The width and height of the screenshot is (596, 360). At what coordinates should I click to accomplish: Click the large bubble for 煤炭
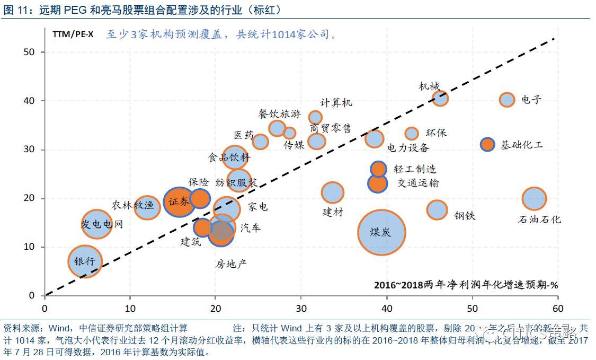[x=381, y=232]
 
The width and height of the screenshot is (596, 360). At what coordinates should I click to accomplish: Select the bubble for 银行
[x=84, y=261]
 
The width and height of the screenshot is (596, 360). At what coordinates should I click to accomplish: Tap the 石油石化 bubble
[x=534, y=198]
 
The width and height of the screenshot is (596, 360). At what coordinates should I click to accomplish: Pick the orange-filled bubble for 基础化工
[x=487, y=144]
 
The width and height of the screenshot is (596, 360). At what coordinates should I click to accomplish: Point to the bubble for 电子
[x=507, y=99]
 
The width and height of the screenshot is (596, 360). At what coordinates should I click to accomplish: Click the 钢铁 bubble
[x=437, y=210]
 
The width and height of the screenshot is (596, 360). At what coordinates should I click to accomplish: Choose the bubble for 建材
[x=332, y=192]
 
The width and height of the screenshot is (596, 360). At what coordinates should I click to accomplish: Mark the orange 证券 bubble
[x=179, y=202]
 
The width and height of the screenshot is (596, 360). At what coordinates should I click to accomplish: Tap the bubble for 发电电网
[x=96, y=224]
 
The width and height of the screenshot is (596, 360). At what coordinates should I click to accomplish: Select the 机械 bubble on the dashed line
[x=440, y=98]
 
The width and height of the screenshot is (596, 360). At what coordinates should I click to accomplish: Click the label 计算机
[x=336, y=103]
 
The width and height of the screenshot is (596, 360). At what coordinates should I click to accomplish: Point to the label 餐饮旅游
[x=279, y=114]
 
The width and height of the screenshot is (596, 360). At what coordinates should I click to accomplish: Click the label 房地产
[x=231, y=264]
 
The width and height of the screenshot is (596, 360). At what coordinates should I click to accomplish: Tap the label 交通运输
[x=418, y=183]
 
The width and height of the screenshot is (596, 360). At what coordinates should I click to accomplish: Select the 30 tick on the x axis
[x=301, y=308]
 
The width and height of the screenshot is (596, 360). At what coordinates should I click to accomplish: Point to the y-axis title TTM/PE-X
[x=73, y=34]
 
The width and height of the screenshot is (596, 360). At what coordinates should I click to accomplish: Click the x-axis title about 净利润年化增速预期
[x=466, y=285]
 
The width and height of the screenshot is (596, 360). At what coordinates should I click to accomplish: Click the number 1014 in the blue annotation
[x=286, y=34]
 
